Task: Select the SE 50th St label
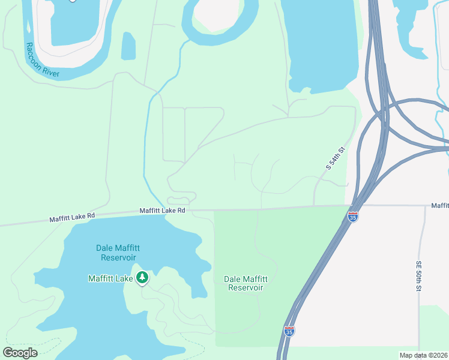pyautogui.click(x=419, y=277)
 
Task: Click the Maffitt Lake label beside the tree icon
pyautogui.click(x=110, y=278)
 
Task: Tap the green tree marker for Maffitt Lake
pyautogui.click(x=142, y=277)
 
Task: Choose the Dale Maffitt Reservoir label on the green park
pyautogui.click(x=246, y=283)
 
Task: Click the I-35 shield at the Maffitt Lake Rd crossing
pyautogui.click(x=353, y=217)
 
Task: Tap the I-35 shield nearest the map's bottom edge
pyautogui.click(x=289, y=331)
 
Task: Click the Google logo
pyautogui.click(x=20, y=353)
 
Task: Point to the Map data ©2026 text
pyautogui.click(x=423, y=355)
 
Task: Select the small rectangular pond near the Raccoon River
pyautogui.click(x=128, y=46)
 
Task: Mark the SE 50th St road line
pyautogui.click(x=424, y=240)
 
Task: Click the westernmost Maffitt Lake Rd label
pyautogui.click(x=73, y=217)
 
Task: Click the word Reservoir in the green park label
pyautogui.click(x=246, y=287)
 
